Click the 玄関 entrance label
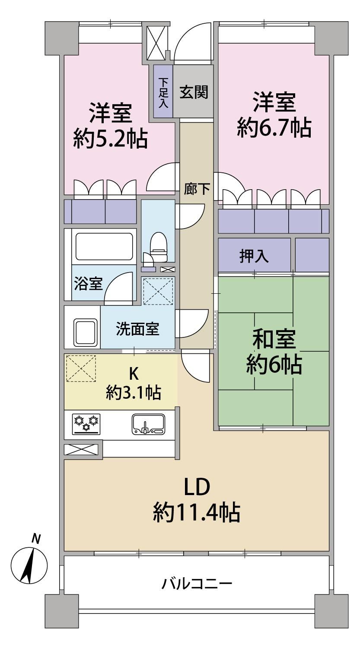point(194,92)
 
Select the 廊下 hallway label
point(197,189)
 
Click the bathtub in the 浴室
point(104,247)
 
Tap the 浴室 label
point(88,283)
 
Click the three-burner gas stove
point(86,424)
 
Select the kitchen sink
point(149,424)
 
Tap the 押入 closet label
point(254,256)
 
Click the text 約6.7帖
point(274,128)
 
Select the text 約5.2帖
point(110,139)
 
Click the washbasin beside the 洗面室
point(86,332)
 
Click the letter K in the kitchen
point(134,374)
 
